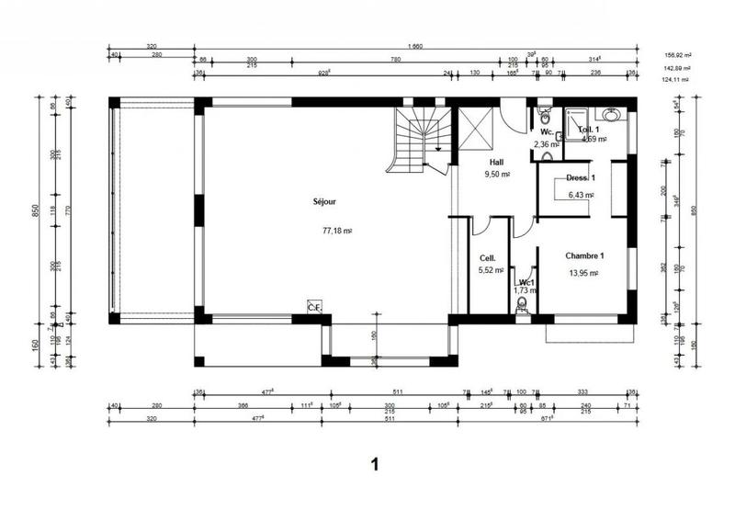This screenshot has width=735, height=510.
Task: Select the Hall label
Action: click(497, 161)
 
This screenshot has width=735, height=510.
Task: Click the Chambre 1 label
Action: click(584, 255)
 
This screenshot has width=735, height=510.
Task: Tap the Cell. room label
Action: click(488, 258)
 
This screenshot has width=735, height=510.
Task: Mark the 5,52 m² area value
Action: click(491, 270)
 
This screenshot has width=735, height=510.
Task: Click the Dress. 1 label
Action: click(581, 177)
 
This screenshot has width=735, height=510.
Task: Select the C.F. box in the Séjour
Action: click(314, 307)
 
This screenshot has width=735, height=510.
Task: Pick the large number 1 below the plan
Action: click(374, 464)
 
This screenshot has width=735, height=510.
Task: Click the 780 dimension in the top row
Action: click(396, 60)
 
